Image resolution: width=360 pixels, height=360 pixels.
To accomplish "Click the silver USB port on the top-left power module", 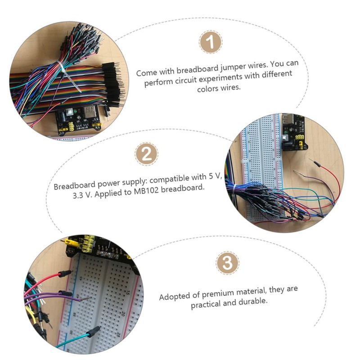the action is [x=71, y=111].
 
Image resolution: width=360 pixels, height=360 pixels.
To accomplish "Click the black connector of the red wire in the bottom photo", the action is [x=65, y=273].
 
